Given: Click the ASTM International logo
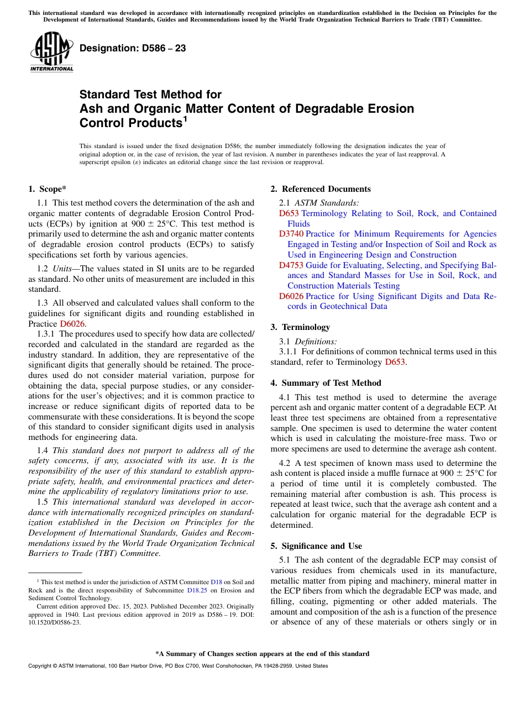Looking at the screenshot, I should coord(51,53).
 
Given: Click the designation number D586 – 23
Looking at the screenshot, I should coord(133,49).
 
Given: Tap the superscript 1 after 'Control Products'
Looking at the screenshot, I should coord(186,118).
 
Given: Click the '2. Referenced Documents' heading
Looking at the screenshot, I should coord(321,189).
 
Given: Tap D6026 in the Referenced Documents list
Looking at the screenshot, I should coord(291,296).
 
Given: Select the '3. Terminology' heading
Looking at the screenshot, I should coord(300,327).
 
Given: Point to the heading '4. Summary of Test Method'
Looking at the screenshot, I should coord(326,383).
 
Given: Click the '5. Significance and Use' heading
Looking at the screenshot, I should coord(316,546).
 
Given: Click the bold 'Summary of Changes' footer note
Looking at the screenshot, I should coord(262,654).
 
